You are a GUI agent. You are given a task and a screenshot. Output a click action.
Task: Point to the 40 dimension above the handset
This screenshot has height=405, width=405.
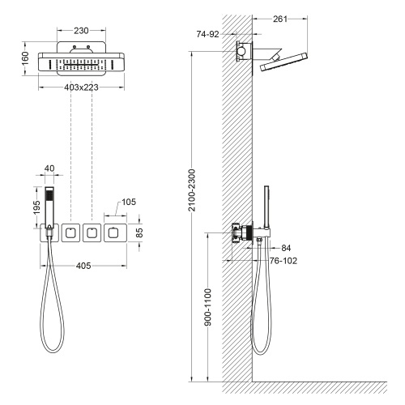click(x=50, y=168)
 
